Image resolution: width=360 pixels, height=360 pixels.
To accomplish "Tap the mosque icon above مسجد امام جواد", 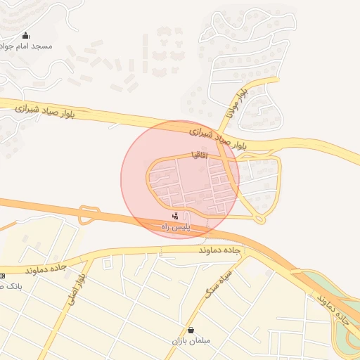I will pos(26,35).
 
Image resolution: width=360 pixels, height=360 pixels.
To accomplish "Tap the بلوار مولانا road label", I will pos(237,103).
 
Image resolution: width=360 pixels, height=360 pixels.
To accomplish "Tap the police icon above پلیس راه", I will pos(175,216).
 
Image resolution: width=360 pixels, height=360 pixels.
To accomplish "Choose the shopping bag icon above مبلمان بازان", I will pos(191,330).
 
